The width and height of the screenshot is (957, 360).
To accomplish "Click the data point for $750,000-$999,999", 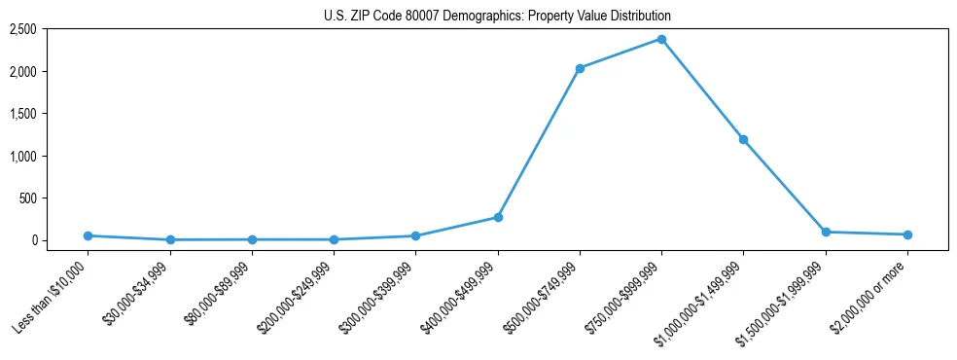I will point(661,39).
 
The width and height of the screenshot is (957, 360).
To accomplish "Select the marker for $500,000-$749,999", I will point(580,68).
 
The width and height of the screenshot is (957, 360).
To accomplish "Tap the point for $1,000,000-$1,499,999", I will point(743,139).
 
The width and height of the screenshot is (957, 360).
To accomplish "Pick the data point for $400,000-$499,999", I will point(498,217).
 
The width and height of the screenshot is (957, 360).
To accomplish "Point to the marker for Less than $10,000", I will point(89,235).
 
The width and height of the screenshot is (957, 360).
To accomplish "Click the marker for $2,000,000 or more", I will point(907,234).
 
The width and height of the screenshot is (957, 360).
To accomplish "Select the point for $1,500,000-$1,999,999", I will point(826,232).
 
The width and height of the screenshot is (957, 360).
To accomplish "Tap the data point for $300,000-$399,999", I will point(416,235).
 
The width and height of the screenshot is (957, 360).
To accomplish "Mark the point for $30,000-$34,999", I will point(170,239).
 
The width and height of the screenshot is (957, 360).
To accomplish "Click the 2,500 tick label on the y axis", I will point(23,29).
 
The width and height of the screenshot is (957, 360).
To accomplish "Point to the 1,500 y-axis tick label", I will point(23,114).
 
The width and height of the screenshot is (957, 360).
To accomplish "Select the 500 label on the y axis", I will point(28,198).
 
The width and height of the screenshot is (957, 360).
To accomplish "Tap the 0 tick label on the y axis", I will point(33,240).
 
